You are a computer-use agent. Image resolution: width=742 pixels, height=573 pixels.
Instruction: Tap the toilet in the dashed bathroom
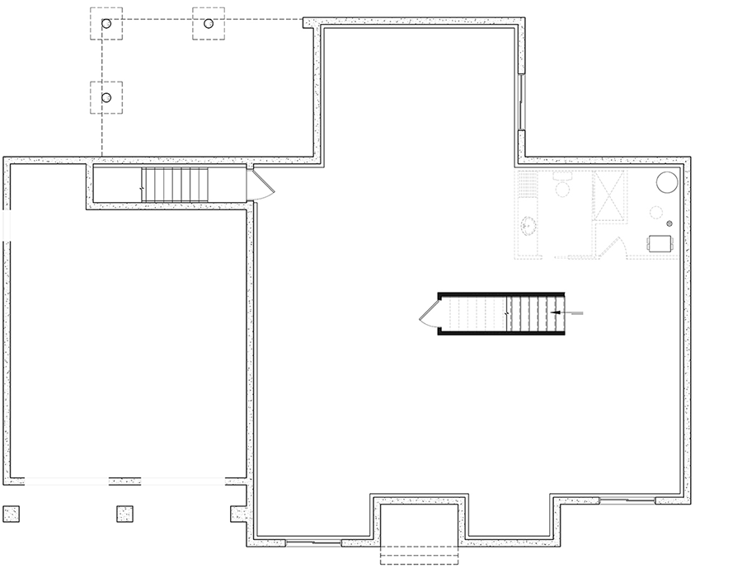(562, 186)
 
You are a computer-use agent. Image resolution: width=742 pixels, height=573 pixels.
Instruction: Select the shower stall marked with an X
(610, 195)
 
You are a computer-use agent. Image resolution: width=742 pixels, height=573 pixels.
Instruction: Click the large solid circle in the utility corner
(666, 182)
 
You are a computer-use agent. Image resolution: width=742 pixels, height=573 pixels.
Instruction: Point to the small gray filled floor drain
(669, 223)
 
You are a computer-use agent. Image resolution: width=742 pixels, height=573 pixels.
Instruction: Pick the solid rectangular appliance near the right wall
(661, 244)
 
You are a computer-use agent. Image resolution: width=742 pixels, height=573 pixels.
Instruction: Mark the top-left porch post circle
(106, 24)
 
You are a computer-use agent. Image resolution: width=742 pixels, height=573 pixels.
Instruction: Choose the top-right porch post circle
(209, 24)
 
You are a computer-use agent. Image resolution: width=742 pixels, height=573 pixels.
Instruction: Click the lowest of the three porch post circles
(106, 97)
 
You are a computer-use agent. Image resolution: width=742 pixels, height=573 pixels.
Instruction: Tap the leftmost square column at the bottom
(12, 512)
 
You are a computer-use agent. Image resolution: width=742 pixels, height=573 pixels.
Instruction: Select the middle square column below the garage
(124, 513)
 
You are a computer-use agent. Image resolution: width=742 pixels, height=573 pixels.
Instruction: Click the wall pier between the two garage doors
(124, 479)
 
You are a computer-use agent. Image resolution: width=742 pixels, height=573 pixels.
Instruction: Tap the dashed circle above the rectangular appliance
(656, 213)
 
